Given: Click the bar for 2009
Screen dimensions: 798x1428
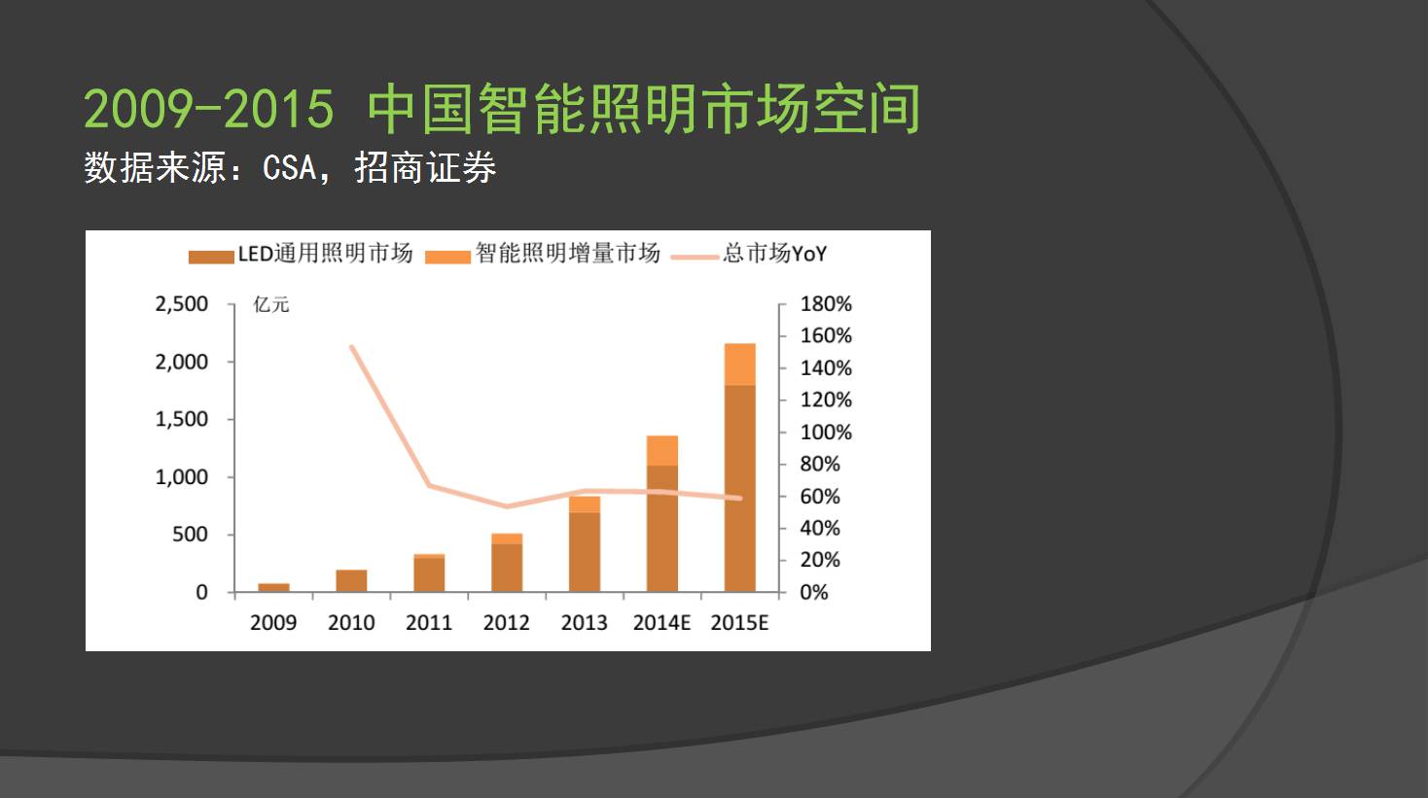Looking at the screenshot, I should click(273, 587).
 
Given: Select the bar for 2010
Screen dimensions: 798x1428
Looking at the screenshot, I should click(351, 580).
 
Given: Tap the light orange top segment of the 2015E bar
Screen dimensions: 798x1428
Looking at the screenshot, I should click(740, 364).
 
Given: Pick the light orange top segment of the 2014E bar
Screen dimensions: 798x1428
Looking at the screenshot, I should click(662, 450).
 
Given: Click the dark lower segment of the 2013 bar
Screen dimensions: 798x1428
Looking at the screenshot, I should click(585, 551).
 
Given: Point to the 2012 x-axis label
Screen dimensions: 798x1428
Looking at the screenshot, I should click(506, 623).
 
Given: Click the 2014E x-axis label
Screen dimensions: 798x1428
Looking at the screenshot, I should click(661, 623).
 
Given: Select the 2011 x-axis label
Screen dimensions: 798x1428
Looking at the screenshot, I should click(429, 623).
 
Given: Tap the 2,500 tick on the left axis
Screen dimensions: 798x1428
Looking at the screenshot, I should click(182, 304).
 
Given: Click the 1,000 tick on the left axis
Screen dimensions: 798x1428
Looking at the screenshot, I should click(182, 477).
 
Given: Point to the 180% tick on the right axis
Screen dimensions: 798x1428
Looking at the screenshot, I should click(826, 304).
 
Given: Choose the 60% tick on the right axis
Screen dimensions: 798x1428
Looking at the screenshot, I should click(820, 497).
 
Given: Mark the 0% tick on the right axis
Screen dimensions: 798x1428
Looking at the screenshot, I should click(814, 592).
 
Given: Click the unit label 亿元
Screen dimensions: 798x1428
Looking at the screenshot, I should click(271, 305).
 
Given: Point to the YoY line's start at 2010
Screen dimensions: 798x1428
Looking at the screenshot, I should click(351, 347).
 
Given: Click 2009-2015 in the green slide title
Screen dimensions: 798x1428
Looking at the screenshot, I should click(208, 108).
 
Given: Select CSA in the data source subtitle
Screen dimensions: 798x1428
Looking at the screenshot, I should click(290, 168).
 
